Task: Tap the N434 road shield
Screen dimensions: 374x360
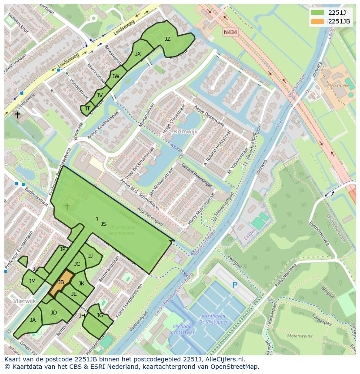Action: (x=230, y=33)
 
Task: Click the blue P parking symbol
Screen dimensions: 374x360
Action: (x=235, y=285)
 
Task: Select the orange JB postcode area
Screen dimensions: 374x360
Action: (x=61, y=283)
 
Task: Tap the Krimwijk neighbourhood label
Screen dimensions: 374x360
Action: (x=186, y=131)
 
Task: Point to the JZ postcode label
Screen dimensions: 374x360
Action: (x=167, y=39)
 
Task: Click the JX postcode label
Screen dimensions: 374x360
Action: (x=138, y=54)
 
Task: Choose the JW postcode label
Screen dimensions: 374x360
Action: (x=116, y=76)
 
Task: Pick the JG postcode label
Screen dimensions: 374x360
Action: (x=100, y=315)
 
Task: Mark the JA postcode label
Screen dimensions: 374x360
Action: (x=33, y=320)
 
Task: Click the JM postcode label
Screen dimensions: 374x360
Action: (x=32, y=281)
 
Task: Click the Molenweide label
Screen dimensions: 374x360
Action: (x=300, y=336)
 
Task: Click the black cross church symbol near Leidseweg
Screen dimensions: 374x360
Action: (x=17, y=115)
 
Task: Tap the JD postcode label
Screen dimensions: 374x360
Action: (x=54, y=313)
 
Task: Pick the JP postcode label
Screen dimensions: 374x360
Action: (x=63, y=249)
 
